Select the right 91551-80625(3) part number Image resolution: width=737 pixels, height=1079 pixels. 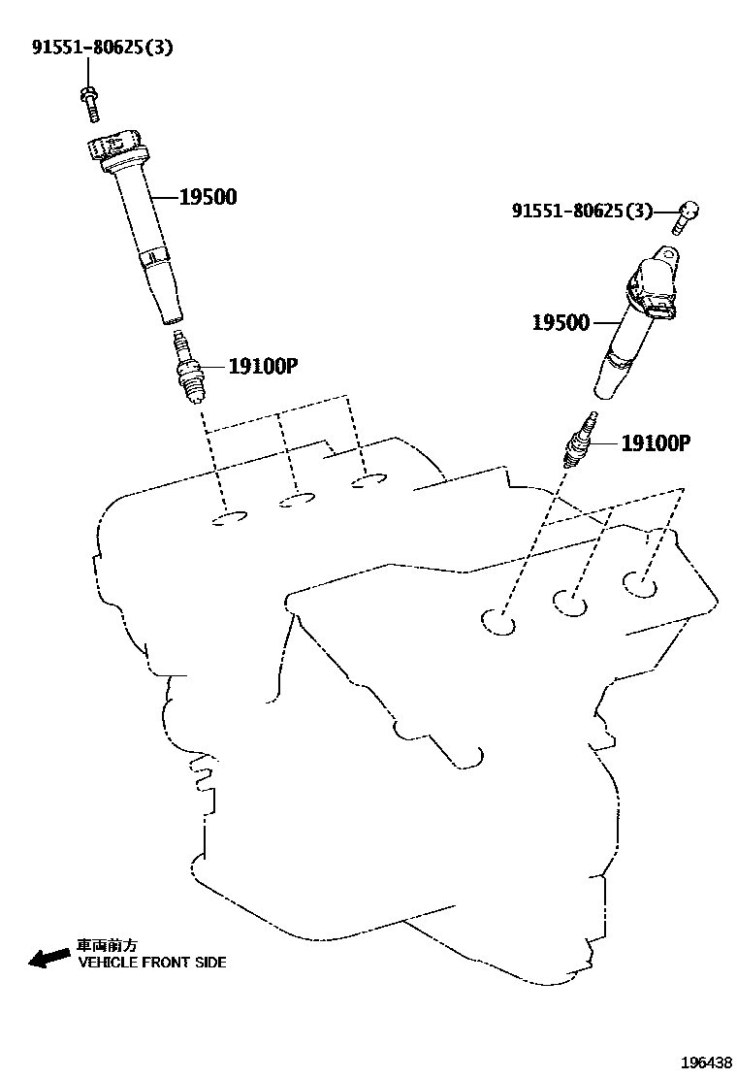pyautogui.click(x=582, y=210)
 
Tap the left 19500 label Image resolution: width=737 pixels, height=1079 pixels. pyautogui.click(x=208, y=198)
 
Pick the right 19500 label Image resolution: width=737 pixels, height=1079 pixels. pyautogui.click(x=560, y=322)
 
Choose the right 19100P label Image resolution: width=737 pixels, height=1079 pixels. pyautogui.click(x=655, y=443)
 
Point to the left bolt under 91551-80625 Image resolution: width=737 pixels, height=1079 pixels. pyautogui.click(x=89, y=101)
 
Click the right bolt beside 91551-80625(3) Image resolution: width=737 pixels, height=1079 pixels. pyautogui.click(x=686, y=217)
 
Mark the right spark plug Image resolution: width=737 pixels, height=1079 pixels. pyautogui.click(x=580, y=441)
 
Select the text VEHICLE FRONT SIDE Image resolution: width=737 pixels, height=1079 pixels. pyautogui.click(x=151, y=963)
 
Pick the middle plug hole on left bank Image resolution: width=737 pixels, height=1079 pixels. pyautogui.click(x=297, y=500)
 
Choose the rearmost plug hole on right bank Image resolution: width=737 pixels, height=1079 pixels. pyautogui.click(x=640, y=584)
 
